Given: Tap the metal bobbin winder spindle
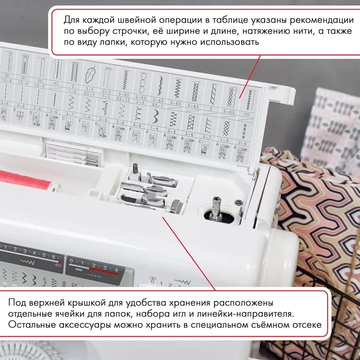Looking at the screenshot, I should (215, 208).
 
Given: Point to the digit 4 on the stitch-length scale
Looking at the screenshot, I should (116, 269).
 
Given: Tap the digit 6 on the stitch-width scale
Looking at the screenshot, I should (53, 257).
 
